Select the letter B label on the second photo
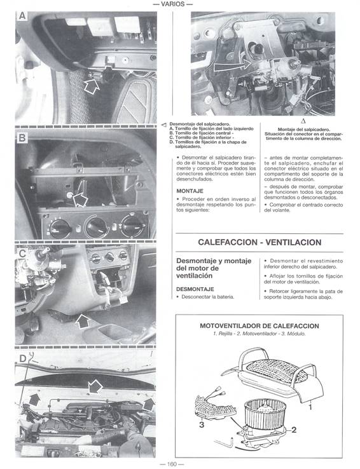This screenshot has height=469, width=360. tap(22, 138)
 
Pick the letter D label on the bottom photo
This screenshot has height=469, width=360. tap(22, 358)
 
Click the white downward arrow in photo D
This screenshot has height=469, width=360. tap(95, 386)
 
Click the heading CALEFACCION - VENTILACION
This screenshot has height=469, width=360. tap(260, 243)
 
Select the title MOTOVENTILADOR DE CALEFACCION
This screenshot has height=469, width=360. tap(260, 326)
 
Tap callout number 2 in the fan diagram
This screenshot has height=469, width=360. tap(293, 430)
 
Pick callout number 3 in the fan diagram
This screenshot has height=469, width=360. tap(202, 425)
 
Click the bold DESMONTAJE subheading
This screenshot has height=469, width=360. tap(195, 289)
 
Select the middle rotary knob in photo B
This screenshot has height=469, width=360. tap(97, 227)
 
